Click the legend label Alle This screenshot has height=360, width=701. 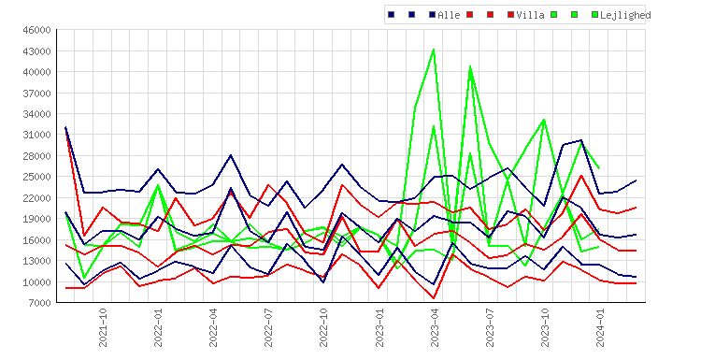pyautogui.click(x=449, y=15)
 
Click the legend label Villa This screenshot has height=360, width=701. pyautogui.click(x=530, y=15)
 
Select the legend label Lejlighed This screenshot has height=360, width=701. pyautogui.click(x=625, y=15)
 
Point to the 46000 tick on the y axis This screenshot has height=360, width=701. pyautogui.click(x=36, y=30)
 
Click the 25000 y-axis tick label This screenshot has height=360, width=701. pyautogui.click(x=36, y=177)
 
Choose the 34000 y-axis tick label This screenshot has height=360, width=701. pyautogui.click(x=36, y=114)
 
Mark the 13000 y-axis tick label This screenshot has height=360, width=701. pyautogui.click(x=36, y=261)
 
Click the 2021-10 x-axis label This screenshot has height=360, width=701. pyautogui.click(x=103, y=327)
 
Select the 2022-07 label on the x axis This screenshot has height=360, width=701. pyautogui.click(x=268, y=327)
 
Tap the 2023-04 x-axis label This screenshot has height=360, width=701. pyautogui.click(x=434, y=327)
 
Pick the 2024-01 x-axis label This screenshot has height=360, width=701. pyautogui.click(x=600, y=327)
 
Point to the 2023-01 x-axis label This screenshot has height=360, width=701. pyautogui.click(x=379, y=327)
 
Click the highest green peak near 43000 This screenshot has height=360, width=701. pyautogui.click(x=434, y=50)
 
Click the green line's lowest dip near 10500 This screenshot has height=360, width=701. pyautogui.click(x=84, y=278)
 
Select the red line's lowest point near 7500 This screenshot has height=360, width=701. pyautogui.click(x=434, y=298)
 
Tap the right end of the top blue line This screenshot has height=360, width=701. pyautogui.click(x=637, y=180)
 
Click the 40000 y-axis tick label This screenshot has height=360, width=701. pyautogui.click(x=36, y=72)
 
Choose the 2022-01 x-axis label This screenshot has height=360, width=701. pyautogui.click(x=158, y=327)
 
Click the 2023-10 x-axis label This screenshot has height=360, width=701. pyautogui.click(x=545, y=327)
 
